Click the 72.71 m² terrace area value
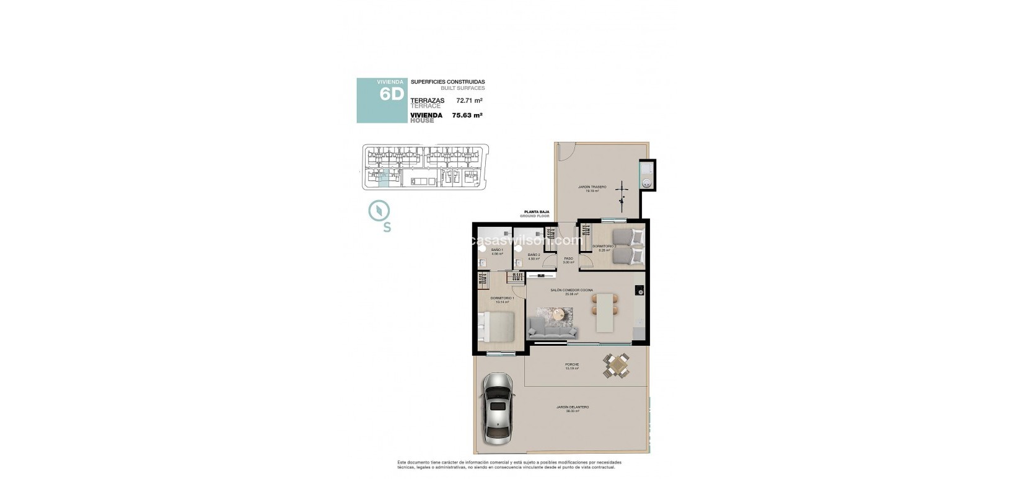pos(469,100)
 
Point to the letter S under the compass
pos(387,227)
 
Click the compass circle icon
pos(377,211)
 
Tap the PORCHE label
pos(571,364)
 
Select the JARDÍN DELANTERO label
pos(572,407)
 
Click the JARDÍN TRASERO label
pos(592,187)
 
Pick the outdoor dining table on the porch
pos(617,365)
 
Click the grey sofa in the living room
pos(552,326)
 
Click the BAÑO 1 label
pos(497,250)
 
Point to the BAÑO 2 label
pos(534,255)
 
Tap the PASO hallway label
pos(568,259)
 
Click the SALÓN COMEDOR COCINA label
pos(571,290)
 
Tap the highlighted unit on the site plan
pos(384,179)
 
